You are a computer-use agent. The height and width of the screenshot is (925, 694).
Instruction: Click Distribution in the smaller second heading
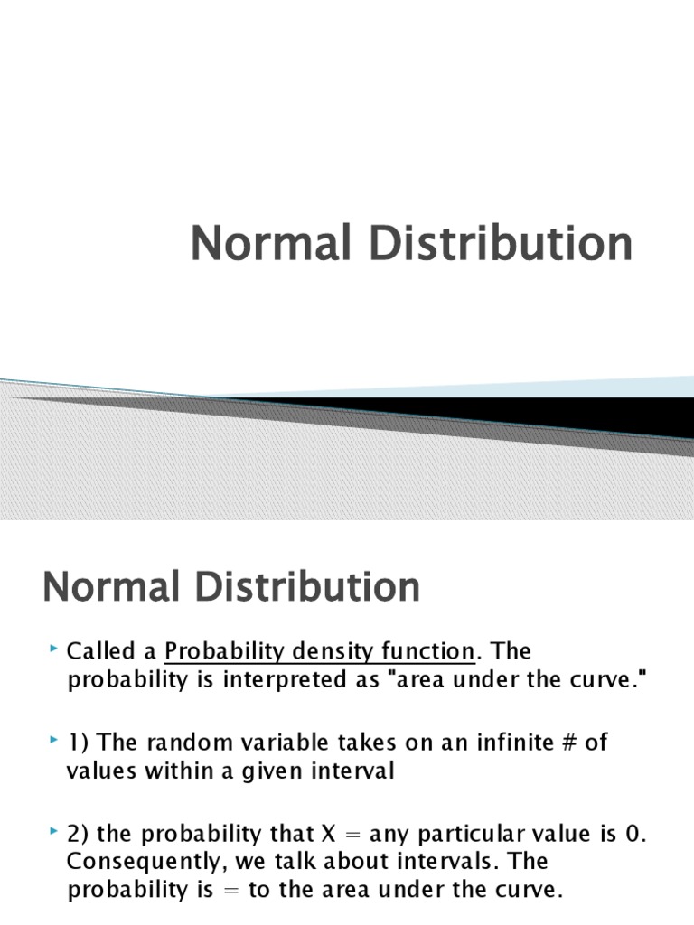coord(307,586)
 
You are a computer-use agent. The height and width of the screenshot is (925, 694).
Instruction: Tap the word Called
coord(101,650)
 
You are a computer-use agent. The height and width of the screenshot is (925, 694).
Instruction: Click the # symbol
coord(569,743)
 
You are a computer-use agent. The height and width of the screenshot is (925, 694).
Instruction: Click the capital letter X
coord(328,834)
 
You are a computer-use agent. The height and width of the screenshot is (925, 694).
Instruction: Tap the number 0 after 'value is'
coord(632,834)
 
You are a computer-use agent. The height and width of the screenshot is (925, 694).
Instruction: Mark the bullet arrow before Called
coord(54,649)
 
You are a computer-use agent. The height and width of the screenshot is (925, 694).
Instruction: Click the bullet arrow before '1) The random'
coord(54,740)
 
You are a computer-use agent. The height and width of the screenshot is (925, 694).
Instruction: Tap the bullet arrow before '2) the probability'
coord(54,831)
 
